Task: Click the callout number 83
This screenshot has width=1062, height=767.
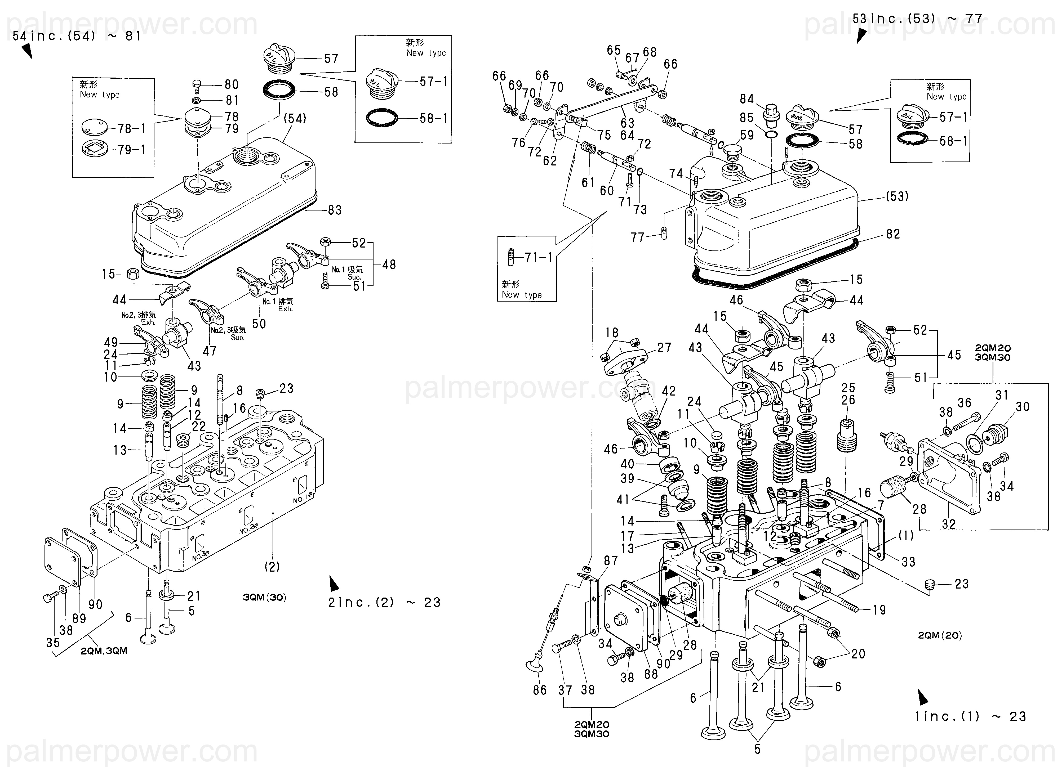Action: [x=334, y=210]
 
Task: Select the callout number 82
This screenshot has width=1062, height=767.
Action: [x=893, y=234]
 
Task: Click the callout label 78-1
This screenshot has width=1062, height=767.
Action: [x=131, y=128]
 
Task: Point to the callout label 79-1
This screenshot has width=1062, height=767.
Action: [x=131, y=150]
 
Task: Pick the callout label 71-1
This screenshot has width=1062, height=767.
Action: [x=539, y=257]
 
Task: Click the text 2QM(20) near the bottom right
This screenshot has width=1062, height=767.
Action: [x=940, y=635]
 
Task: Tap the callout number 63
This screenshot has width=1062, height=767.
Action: [x=628, y=123]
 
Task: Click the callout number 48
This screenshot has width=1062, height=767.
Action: [x=389, y=264]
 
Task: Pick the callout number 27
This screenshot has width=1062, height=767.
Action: [x=664, y=348]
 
